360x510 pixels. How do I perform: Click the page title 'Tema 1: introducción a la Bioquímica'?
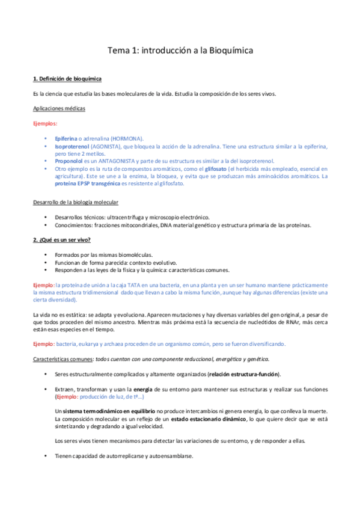[x=180, y=51]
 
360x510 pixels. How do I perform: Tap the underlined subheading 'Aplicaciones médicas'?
[x=59, y=108]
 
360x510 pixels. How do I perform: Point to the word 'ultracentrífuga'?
[x=129, y=217]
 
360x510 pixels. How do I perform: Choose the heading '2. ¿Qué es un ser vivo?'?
[x=61, y=240]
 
